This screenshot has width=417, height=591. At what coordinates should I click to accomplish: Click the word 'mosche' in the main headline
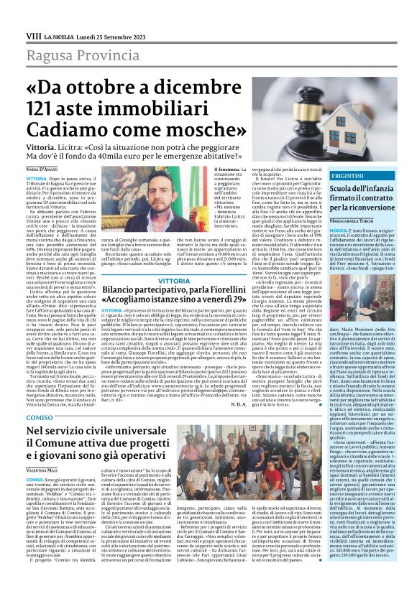coord(198,113)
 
